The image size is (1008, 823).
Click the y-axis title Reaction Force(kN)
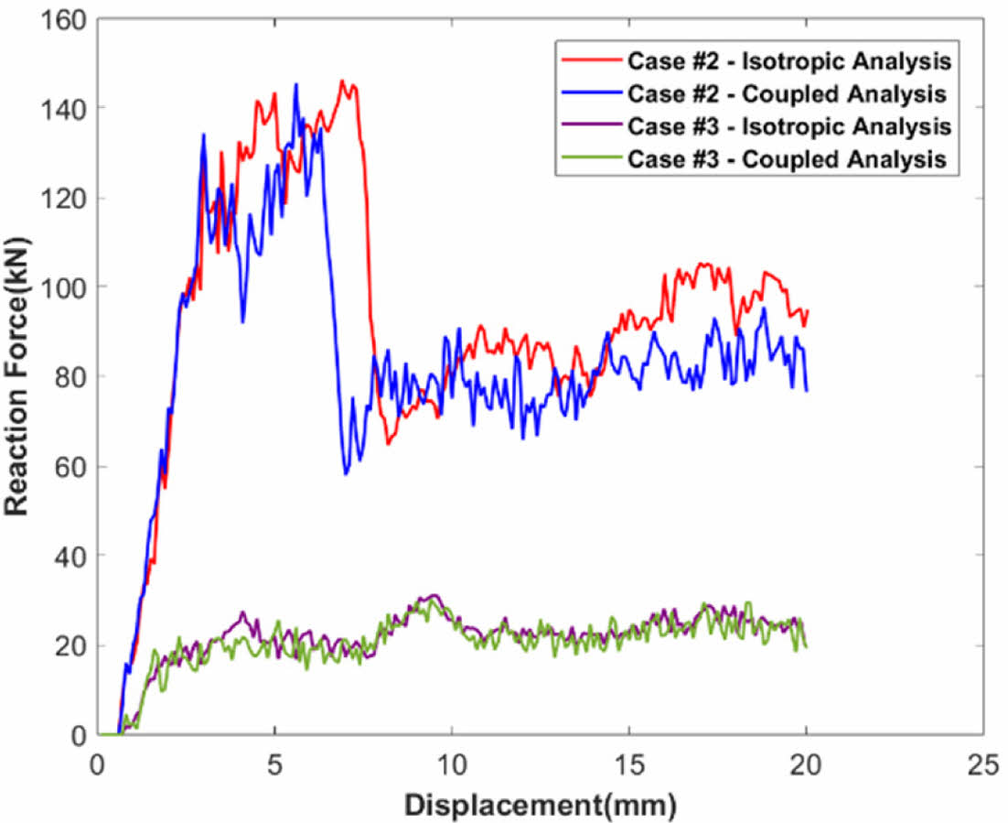19,375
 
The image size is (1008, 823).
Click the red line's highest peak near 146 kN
342,81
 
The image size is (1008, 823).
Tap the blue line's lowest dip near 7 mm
346,473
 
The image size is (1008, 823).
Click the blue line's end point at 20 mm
807,391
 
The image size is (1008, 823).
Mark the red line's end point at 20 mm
808,311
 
